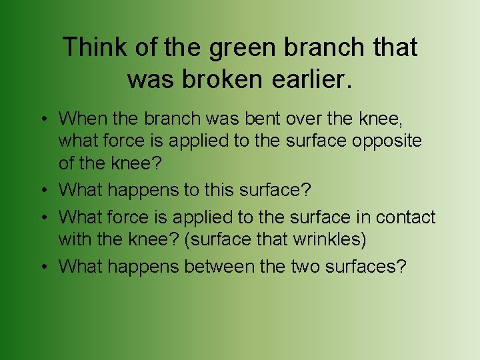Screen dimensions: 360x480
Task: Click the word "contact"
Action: click(405, 217)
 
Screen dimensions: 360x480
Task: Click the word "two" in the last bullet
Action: click(306, 267)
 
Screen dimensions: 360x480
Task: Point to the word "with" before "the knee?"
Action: click(72, 238)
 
